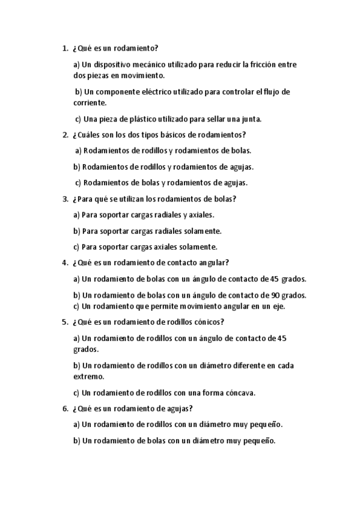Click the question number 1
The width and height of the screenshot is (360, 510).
pos(65,48)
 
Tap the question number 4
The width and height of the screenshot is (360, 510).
pos(65,262)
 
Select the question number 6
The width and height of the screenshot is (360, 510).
pos(65,409)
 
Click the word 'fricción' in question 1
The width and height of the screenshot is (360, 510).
pos(270,64)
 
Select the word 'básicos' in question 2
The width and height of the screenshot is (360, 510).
pos(165,135)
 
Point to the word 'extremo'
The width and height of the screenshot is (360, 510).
pos(88,376)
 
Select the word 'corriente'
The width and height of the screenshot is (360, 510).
pos(89,103)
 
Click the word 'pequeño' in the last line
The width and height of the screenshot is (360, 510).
pos(260,441)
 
